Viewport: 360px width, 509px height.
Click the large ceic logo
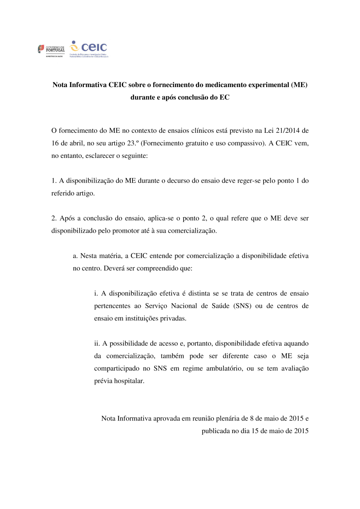[x=89, y=48]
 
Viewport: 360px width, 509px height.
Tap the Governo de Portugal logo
[x=51, y=50]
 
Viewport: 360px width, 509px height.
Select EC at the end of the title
[x=224, y=97]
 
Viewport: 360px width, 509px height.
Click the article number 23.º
[x=132, y=143]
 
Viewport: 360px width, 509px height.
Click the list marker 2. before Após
[x=54, y=218]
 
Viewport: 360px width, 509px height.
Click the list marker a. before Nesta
[x=75, y=256]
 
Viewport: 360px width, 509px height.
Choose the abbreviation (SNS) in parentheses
[x=242, y=306]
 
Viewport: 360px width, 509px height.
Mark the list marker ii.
[x=97, y=344]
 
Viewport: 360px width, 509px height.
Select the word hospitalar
[x=129, y=381]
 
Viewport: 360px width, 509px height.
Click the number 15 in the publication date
[x=255, y=431]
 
